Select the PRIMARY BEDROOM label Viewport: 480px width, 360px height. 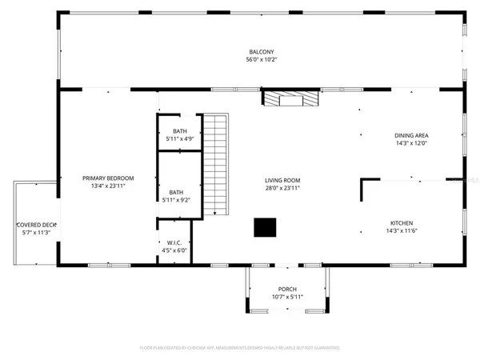pos(108,178)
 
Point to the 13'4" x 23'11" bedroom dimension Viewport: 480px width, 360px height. pos(108,185)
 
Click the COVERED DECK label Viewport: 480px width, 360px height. pos(34,225)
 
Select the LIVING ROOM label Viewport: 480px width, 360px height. pos(282,180)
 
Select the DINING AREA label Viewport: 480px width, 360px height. pos(410,135)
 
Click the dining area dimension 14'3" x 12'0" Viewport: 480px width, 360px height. pos(410,143)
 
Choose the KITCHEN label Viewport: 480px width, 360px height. pos(402,223)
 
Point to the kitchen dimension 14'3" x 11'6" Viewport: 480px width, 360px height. pos(402,231)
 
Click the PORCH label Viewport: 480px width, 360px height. pos(287,290)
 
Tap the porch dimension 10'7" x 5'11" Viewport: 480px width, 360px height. pos(287,298)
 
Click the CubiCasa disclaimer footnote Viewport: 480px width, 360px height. pos(240,348)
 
